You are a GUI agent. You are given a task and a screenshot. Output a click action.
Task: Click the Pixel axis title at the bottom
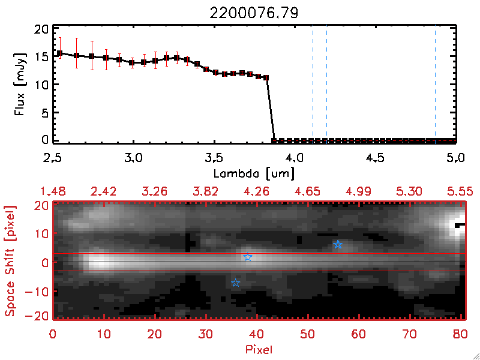tap(260, 348)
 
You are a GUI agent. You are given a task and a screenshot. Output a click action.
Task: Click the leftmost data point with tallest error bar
tap(59, 53)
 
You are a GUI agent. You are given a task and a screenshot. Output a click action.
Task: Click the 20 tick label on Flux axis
tap(41, 30)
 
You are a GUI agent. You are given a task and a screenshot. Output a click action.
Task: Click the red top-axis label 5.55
tap(461, 191)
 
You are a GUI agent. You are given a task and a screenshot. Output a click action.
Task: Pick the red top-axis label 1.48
tap(53, 191)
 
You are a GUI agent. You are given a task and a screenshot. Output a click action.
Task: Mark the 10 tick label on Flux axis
tap(41, 85)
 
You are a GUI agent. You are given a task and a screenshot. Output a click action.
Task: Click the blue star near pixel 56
tap(338, 245)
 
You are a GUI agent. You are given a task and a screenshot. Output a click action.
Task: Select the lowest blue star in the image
tap(236, 283)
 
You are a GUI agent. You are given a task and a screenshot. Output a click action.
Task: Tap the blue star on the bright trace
tap(248, 257)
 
